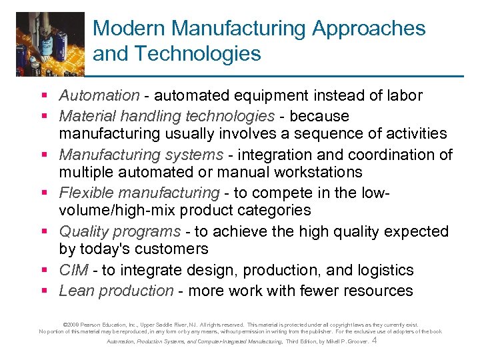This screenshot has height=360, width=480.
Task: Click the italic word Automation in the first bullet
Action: (x=99, y=97)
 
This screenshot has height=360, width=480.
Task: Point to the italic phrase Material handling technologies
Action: (x=167, y=116)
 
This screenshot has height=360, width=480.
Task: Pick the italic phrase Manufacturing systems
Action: (x=141, y=155)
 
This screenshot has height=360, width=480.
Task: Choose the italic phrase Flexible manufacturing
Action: (x=139, y=193)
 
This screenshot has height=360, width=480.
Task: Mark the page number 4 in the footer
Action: (x=375, y=341)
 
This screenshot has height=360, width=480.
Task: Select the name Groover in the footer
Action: (x=355, y=341)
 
